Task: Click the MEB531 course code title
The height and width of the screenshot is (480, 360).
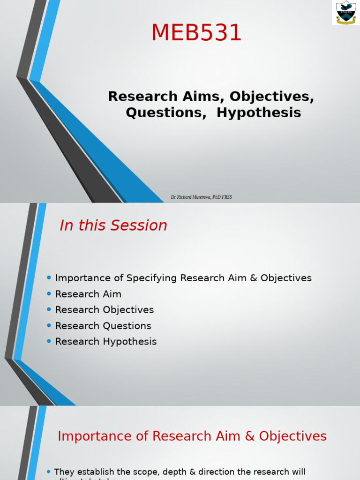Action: point(196,33)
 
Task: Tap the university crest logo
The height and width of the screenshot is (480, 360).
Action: point(346,13)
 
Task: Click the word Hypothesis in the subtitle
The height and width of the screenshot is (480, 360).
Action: point(259,113)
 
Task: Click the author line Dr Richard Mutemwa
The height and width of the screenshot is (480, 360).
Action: point(201,197)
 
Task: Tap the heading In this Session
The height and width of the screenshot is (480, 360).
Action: point(113,225)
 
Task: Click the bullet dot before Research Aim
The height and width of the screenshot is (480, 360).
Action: point(49,294)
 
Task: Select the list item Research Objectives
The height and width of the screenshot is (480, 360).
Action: point(104,310)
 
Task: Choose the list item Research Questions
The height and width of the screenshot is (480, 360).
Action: point(103,326)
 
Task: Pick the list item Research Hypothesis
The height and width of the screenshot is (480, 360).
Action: point(105,342)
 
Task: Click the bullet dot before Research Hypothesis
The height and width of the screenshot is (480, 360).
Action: point(49,342)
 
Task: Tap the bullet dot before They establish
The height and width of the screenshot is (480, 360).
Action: point(49,472)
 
